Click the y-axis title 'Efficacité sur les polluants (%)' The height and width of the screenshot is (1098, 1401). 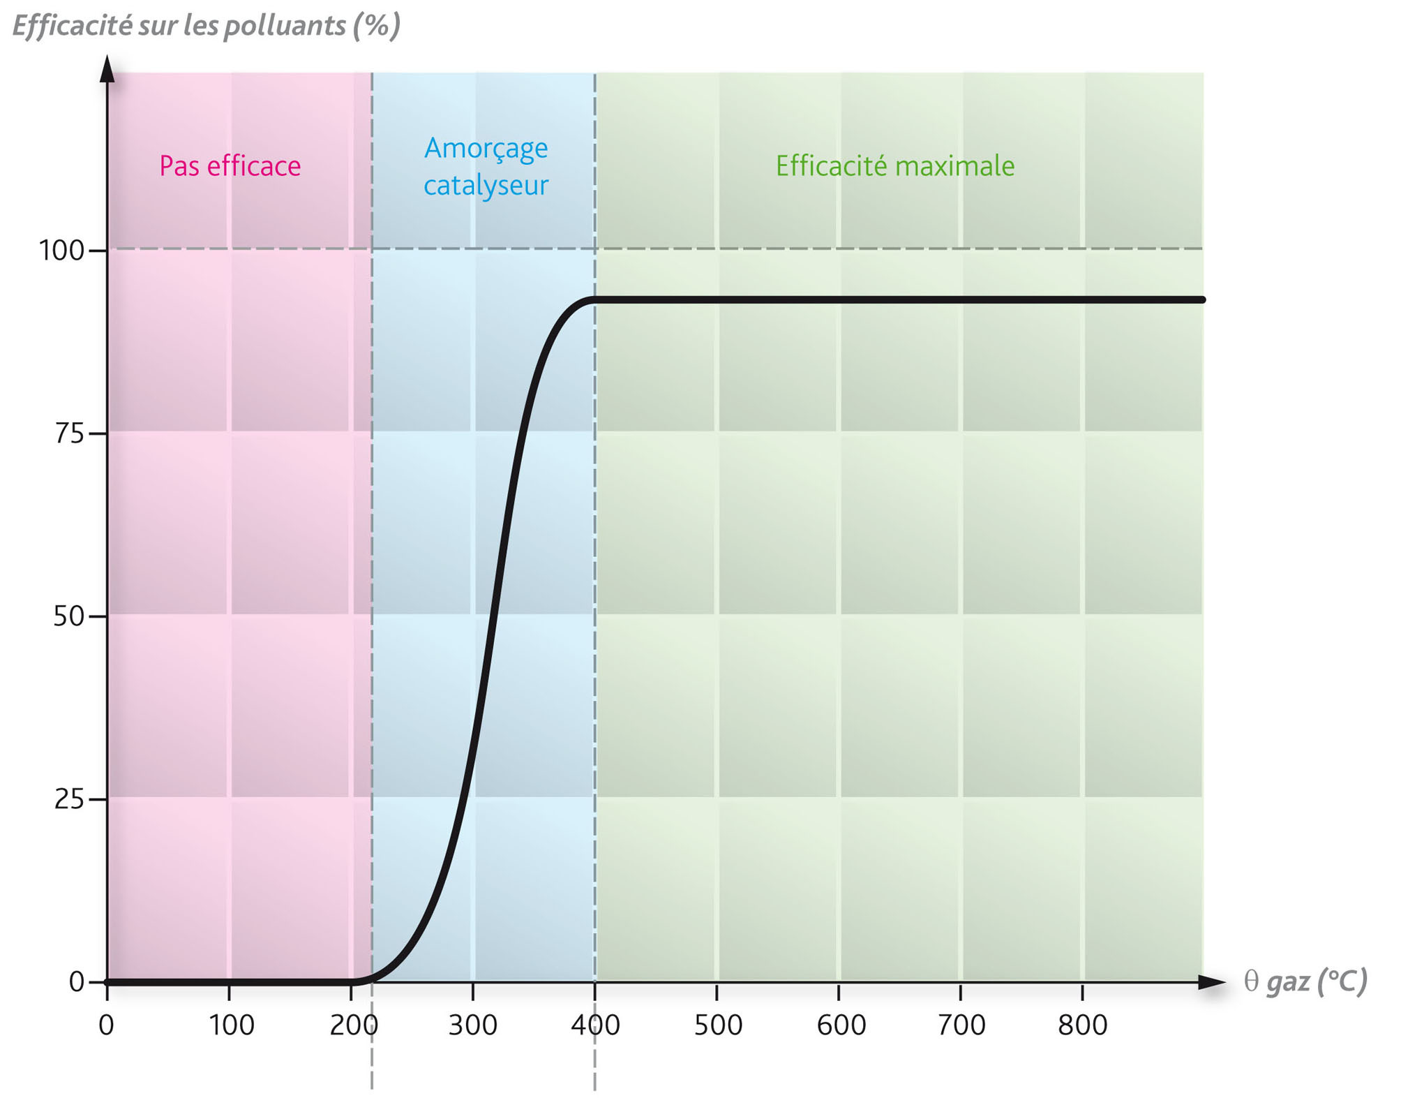click(x=207, y=26)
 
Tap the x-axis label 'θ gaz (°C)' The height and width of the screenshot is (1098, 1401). click(x=1305, y=981)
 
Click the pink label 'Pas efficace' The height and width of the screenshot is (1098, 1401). click(x=230, y=166)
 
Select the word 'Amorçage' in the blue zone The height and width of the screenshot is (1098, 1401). click(x=486, y=148)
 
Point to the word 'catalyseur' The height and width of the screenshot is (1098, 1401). click(x=486, y=186)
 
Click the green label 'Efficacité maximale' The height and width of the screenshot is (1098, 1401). click(x=895, y=166)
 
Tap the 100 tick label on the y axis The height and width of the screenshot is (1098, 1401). click(x=61, y=251)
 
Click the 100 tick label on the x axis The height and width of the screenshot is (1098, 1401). click(x=232, y=1025)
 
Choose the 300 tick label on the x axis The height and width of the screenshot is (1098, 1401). click(x=473, y=1025)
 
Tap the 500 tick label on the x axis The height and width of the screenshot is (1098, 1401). click(x=718, y=1025)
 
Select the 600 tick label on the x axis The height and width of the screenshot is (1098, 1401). click(x=841, y=1025)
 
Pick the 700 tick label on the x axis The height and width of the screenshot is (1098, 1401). click(x=961, y=1025)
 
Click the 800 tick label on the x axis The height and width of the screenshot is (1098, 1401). click(x=1083, y=1025)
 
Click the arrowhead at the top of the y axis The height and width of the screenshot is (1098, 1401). click(x=107, y=68)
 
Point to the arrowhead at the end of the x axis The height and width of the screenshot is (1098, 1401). click(x=1212, y=982)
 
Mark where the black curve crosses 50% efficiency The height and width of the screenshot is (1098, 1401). click(x=493, y=616)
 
